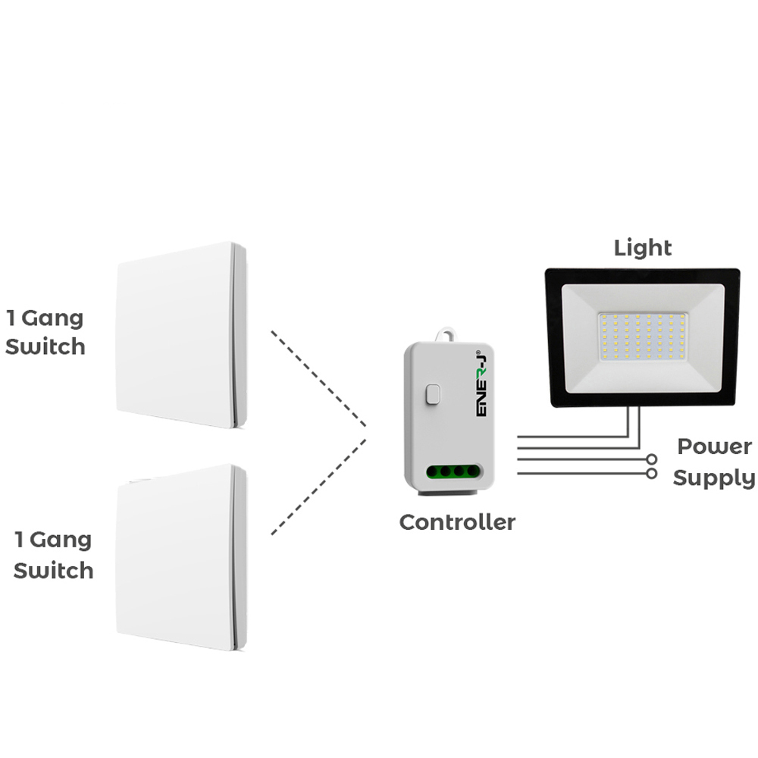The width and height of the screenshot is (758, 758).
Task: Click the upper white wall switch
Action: [x=180, y=335]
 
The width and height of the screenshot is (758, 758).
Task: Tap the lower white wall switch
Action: [x=180, y=557]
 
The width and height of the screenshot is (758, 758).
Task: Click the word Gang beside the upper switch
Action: [x=52, y=319]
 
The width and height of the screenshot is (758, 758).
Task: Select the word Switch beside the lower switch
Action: [x=54, y=570]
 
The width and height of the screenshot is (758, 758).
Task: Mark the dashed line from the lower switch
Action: [x=318, y=489]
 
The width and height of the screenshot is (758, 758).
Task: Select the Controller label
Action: [x=457, y=522]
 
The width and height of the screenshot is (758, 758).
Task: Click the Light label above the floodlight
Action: [x=643, y=247]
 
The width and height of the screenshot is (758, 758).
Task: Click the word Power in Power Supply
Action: [x=715, y=446]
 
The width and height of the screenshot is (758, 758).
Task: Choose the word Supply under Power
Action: [x=714, y=478]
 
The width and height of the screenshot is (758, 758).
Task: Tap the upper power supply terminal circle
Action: [x=651, y=459]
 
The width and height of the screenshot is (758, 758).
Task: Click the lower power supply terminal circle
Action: [x=651, y=474]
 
